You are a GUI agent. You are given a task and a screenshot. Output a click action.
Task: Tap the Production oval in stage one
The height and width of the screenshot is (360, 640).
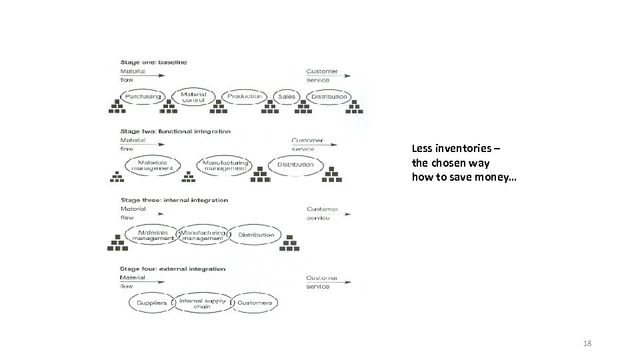pyautogui.click(x=244, y=97)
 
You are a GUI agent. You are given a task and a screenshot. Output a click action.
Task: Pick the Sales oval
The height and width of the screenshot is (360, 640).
pyautogui.click(x=287, y=97)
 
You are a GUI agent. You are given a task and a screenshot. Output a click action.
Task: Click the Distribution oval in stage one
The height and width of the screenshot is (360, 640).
pyautogui.click(x=329, y=97)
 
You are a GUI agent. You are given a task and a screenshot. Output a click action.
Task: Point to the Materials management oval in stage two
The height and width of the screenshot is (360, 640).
pyautogui.click(x=153, y=165)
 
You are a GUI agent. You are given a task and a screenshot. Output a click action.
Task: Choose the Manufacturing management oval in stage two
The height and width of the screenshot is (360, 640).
pyautogui.click(x=225, y=165)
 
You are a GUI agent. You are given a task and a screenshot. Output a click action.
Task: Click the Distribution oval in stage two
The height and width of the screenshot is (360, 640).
pyautogui.click(x=295, y=165)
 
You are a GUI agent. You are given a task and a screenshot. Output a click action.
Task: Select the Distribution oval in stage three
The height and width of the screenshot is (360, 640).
pyautogui.click(x=256, y=235)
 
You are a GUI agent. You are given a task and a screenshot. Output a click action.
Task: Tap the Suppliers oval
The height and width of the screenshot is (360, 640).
pyautogui.click(x=151, y=303)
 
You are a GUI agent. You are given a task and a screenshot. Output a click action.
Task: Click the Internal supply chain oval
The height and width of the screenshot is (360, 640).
pyautogui.click(x=202, y=303)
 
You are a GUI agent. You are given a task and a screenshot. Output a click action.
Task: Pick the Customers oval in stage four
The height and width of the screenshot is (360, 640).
pyautogui.click(x=255, y=303)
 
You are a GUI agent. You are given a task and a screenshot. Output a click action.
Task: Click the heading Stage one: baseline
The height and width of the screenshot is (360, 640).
pyautogui.click(x=153, y=63)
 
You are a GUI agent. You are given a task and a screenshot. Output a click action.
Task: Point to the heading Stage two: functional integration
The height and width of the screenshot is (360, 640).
pyautogui.click(x=175, y=131)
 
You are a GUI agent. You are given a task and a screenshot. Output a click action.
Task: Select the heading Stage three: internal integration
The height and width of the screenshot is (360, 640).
pyautogui.click(x=174, y=200)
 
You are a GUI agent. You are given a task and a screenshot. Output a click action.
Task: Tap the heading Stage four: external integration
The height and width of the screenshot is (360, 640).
pyautogui.click(x=173, y=269)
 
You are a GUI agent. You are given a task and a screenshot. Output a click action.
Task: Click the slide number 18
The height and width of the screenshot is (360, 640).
pyautogui.click(x=587, y=343)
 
